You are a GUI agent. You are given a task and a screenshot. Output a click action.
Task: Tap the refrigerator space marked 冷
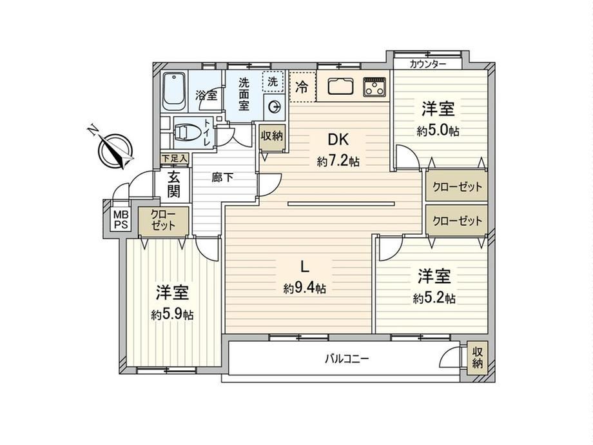tap(302, 87)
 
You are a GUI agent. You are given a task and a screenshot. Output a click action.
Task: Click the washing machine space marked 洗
tap(273, 82)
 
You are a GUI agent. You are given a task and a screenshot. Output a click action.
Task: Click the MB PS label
tap(121, 219)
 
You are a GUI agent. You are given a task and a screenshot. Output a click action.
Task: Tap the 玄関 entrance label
tap(173, 184)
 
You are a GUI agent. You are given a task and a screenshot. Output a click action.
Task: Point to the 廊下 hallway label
tap(222, 177)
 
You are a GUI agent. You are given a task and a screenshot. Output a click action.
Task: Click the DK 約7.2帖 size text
tap(338, 163)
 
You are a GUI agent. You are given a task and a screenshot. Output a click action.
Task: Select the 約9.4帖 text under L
tap(305, 289)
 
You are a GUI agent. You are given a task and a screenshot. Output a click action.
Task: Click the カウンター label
tap(428, 64)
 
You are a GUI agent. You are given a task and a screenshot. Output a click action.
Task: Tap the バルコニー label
tap(347, 358)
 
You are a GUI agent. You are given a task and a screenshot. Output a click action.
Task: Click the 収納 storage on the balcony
tap(477, 358)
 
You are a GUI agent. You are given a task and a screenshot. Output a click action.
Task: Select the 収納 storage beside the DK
tap(272, 136)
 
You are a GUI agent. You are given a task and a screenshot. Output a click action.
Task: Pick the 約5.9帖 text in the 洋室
tap(172, 314)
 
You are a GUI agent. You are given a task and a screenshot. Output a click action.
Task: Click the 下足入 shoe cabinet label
tap(174, 159)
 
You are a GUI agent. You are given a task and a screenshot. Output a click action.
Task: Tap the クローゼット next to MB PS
tap(163, 220)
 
